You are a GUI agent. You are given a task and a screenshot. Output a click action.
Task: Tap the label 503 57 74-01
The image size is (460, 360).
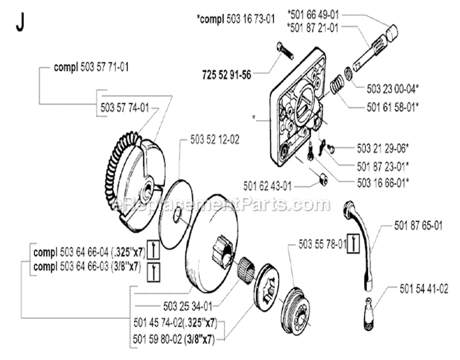pyautogui.click(x=125, y=107)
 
